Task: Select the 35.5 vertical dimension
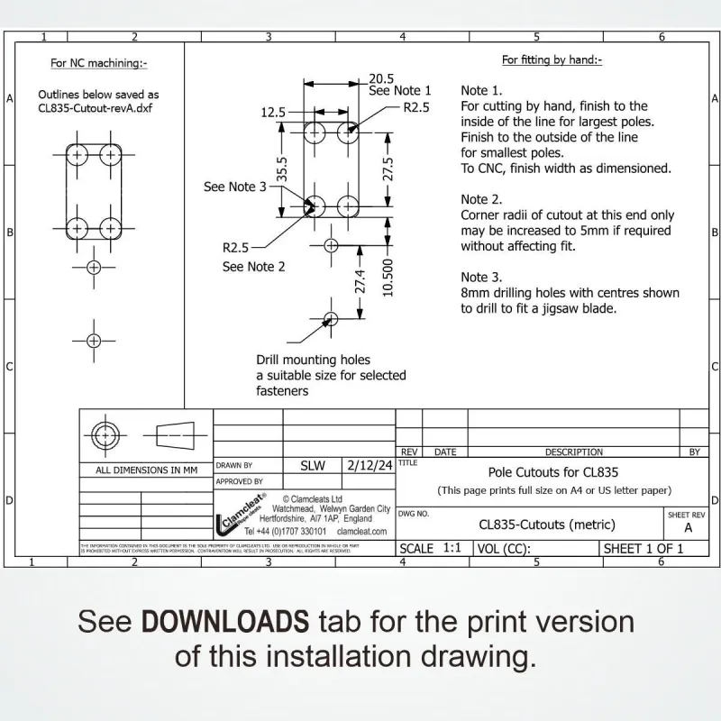coord(282,169)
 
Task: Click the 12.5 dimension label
coord(272,113)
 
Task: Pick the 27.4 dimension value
coord(360,281)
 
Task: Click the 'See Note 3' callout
coord(235,187)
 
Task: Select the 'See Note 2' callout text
coord(254,267)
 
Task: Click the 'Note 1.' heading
coord(481,91)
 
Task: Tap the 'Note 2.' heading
coord(481,199)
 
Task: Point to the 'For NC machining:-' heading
coord(98,63)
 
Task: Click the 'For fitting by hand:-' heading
coord(552,60)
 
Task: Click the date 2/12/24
coord(370,466)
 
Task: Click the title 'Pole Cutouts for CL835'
coord(553,471)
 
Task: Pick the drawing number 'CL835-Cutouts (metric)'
coord(547,525)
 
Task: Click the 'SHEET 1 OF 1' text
coord(643,548)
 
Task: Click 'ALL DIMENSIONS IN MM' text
coord(146,470)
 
